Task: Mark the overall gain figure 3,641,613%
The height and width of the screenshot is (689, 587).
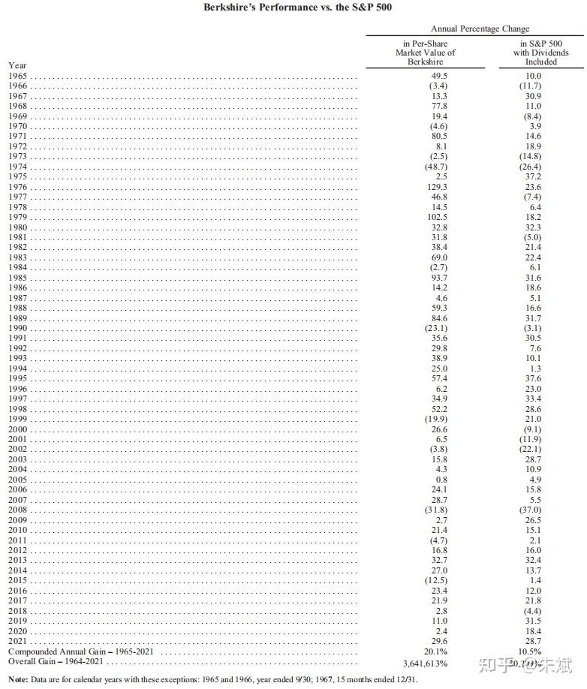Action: (x=426, y=663)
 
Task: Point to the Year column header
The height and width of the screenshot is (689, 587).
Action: (x=17, y=65)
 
